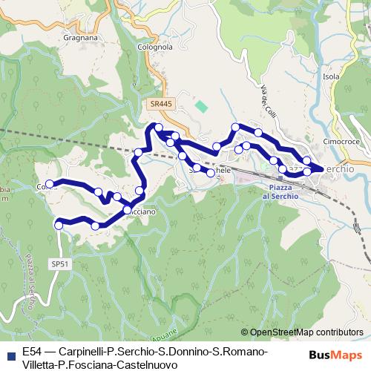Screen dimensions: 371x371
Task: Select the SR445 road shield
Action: point(160,105)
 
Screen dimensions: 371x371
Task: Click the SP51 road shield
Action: point(61,263)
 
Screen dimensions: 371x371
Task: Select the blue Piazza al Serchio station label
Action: point(278,192)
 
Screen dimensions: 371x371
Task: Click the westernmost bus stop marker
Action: point(50,184)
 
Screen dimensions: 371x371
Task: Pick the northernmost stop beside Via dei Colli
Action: point(236,128)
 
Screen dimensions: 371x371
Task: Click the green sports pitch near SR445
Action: point(201,106)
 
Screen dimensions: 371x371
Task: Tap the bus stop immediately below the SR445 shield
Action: point(159,128)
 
